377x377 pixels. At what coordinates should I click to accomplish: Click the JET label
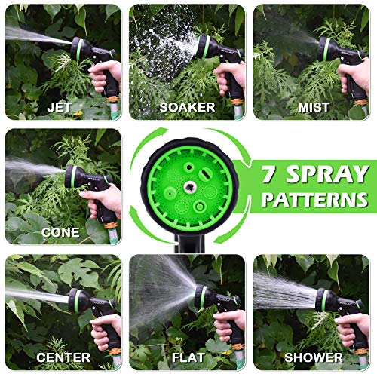tap(60, 107)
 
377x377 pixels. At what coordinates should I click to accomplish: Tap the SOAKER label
tap(187, 107)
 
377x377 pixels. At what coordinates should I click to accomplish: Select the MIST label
tap(314, 107)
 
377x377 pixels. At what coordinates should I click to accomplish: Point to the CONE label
tap(60, 232)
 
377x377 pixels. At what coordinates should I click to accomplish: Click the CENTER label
tap(63, 357)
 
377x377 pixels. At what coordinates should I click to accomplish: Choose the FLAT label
tap(188, 357)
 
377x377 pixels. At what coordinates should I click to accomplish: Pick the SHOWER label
tap(314, 357)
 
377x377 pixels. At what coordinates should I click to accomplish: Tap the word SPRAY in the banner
tap(328, 174)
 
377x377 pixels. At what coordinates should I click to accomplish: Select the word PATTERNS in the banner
tap(315, 200)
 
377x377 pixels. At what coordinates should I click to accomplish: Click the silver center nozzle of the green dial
tap(189, 187)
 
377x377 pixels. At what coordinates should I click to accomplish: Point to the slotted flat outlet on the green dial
tap(206, 174)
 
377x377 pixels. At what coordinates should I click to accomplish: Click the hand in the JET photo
tap(106, 75)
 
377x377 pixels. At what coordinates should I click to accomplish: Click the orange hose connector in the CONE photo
tap(111, 224)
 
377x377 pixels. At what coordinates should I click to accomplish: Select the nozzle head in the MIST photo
tap(326, 49)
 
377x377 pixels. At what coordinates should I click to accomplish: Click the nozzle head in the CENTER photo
tap(78, 300)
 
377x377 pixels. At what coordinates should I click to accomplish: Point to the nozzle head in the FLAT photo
tap(204, 296)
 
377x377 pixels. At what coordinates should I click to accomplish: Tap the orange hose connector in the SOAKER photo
tap(237, 102)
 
